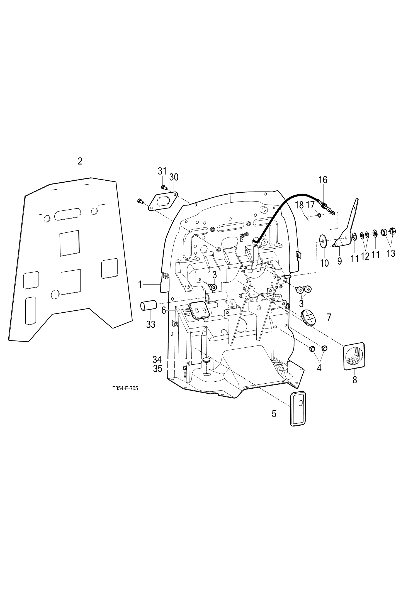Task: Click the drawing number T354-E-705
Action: click(x=125, y=389)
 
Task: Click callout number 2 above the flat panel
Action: click(x=80, y=161)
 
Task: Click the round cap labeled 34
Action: click(x=206, y=360)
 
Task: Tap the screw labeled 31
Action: click(x=164, y=187)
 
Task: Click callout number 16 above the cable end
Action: click(x=323, y=180)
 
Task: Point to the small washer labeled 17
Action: click(x=319, y=215)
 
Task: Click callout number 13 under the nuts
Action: click(x=391, y=253)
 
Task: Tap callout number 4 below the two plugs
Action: click(x=319, y=368)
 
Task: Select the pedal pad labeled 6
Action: click(x=198, y=310)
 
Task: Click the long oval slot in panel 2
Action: click(x=68, y=215)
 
